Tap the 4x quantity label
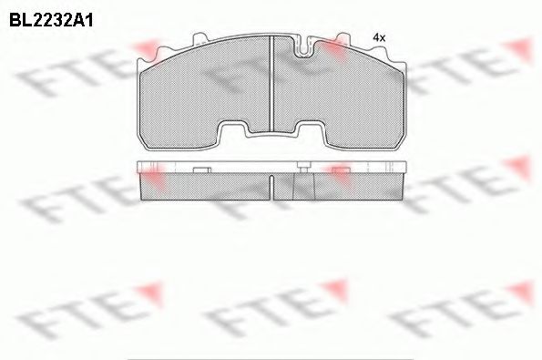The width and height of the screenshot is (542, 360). coord(380,37)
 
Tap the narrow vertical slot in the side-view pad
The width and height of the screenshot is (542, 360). coord(274,186)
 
